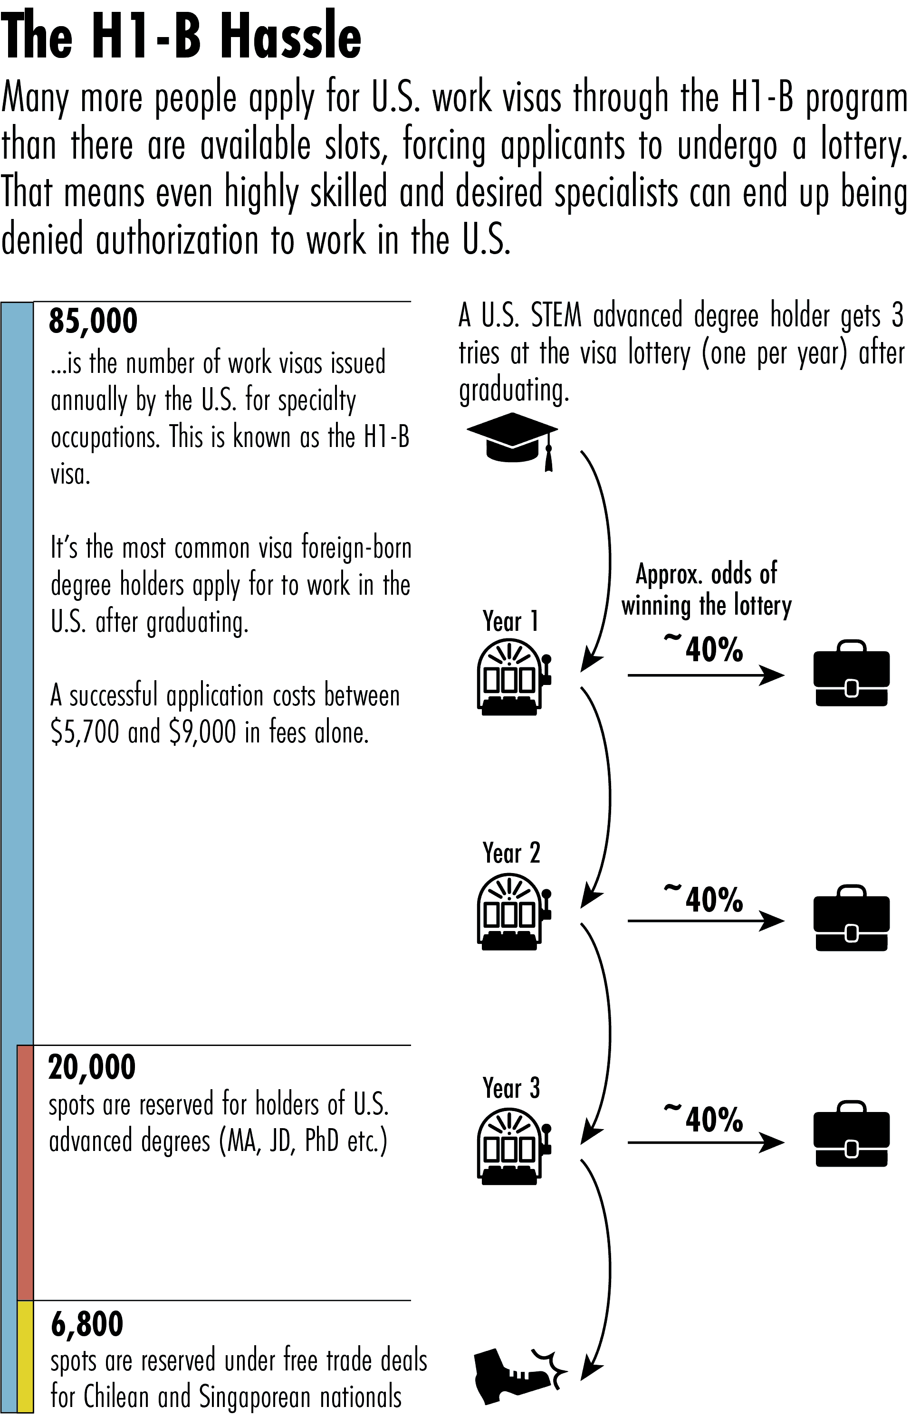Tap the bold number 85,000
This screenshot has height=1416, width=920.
(94, 321)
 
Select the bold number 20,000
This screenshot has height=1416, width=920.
(92, 1067)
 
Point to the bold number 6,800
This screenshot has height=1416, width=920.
(87, 1324)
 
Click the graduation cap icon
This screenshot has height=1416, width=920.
(512, 440)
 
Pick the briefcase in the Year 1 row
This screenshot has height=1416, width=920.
(852, 674)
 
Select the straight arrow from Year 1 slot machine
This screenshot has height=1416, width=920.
(706, 675)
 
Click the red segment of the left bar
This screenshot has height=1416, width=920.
(25, 1172)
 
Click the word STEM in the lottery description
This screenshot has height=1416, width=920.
(556, 315)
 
